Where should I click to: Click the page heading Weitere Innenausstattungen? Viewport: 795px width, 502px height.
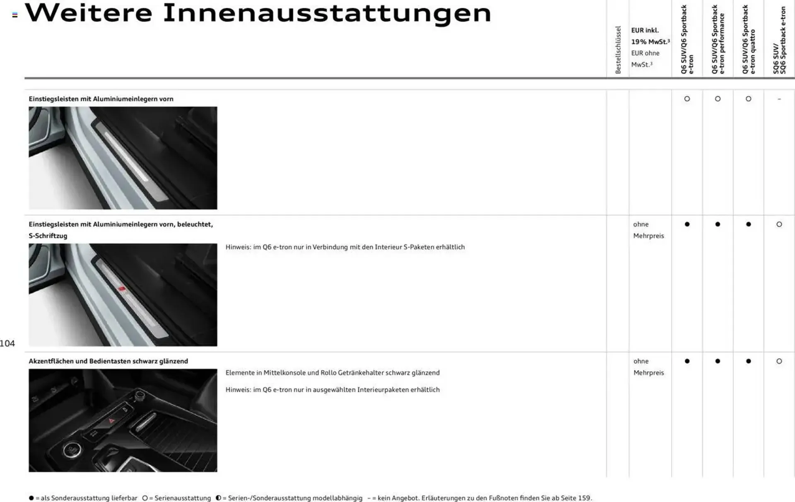coord(258,13)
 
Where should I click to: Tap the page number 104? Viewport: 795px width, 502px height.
coord(7,343)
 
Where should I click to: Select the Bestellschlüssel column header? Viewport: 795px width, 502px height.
coord(618,50)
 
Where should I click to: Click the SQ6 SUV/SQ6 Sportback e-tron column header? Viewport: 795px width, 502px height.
coord(779,41)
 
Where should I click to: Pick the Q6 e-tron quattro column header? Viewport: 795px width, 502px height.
coord(749,40)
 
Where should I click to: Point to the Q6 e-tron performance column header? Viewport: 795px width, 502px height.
coord(718,40)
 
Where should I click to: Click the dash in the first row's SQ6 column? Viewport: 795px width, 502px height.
coord(779,99)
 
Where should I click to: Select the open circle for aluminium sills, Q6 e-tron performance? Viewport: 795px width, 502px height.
coord(718,99)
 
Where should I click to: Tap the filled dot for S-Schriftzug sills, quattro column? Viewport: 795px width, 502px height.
coord(748,224)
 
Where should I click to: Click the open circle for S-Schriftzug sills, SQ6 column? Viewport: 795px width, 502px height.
coord(779,224)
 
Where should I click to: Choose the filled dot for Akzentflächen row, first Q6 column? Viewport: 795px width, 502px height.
coord(687,361)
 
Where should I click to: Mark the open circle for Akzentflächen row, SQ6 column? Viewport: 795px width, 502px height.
coord(779,361)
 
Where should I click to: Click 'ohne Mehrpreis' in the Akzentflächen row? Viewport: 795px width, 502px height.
coord(648,367)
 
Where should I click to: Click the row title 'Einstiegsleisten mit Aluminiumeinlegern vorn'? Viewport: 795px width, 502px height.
coord(101,99)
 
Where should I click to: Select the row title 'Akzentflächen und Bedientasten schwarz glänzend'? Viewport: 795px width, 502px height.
coord(108,361)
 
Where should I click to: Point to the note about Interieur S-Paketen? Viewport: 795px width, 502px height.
coord(345,247)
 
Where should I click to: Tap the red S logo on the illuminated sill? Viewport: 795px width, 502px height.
coord(122,289)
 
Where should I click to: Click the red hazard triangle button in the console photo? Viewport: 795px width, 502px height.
coord(111,421)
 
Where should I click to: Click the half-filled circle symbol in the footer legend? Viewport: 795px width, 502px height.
coord(218,498)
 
